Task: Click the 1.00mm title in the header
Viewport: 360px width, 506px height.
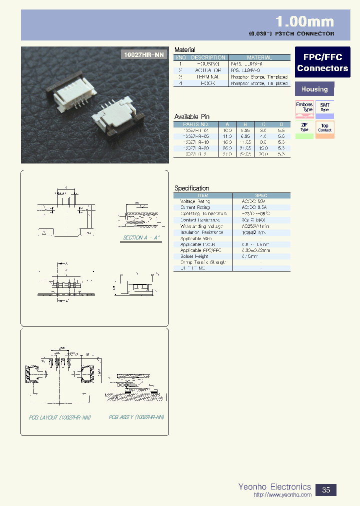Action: (304, 21)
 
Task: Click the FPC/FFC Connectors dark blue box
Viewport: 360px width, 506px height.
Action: (322, 62)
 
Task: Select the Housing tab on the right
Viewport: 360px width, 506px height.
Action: (314, 89)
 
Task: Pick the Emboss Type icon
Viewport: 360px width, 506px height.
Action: (304, 108)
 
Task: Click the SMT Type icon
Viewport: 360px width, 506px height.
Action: (325, 108)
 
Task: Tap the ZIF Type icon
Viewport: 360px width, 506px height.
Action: (304, 128)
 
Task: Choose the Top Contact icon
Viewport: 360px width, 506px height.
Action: (325, 128)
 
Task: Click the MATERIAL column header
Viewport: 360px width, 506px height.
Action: (259, 57)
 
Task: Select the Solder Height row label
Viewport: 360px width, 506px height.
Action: (194, 256)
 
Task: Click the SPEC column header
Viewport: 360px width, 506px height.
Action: (261, 195)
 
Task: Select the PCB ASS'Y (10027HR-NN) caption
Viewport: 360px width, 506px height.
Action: (136, 416)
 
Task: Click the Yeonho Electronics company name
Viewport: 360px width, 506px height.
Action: (274, 486)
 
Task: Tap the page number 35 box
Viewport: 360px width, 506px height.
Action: (326, 489)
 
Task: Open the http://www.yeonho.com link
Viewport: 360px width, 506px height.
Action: (282, 495)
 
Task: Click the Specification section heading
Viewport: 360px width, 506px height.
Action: (191, 188)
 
